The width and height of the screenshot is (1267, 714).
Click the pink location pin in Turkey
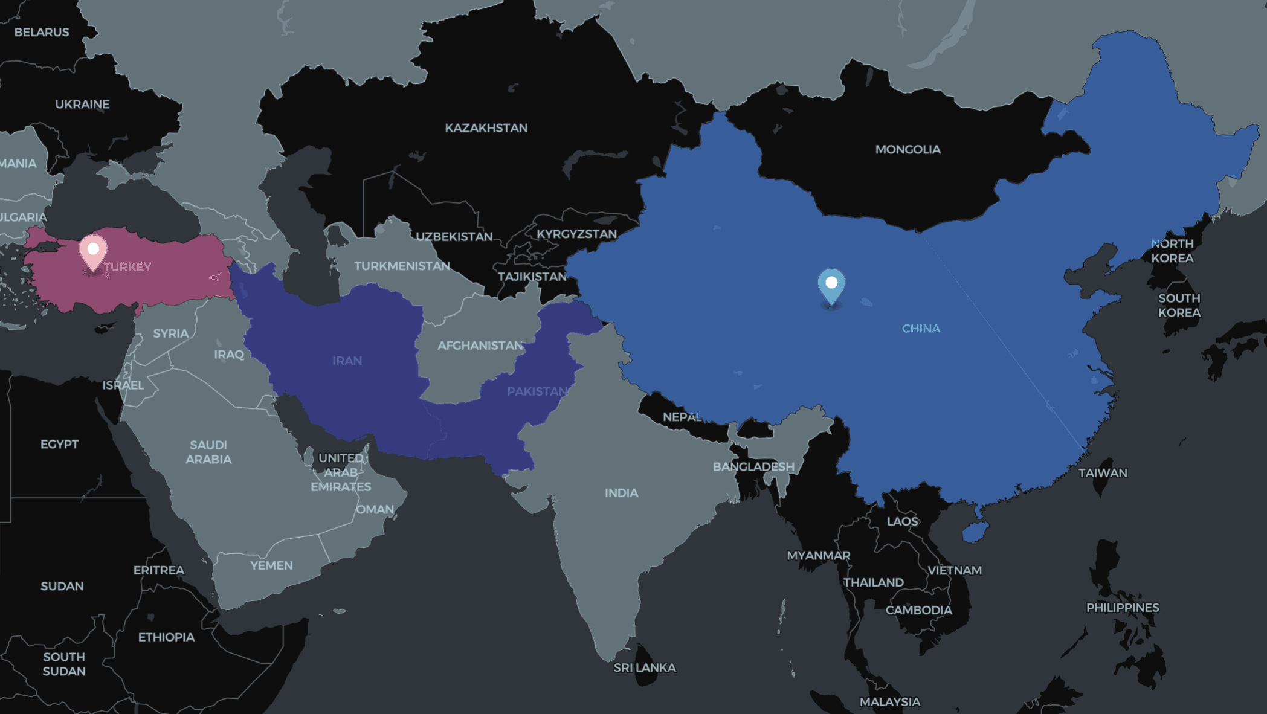(93, 251)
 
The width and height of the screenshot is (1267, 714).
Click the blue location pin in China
(831, 285)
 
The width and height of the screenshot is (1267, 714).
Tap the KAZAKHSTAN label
(486, 128)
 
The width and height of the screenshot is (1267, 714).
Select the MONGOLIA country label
(908, 149)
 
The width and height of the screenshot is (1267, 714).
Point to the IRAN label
(347, 361)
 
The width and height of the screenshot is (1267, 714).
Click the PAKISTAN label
(537, 391)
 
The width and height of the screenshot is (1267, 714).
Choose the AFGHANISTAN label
(480, 346)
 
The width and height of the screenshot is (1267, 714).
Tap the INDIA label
(621, 493)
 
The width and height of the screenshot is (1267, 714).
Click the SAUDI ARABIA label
(208, 452)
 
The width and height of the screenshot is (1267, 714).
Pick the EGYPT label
(59, 444)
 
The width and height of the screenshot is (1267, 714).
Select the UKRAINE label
(82, 104)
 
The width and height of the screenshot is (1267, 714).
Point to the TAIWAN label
(1103, 473)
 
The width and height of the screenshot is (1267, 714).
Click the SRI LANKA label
(644, 667)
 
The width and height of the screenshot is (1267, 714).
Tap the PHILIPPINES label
(1123, 608)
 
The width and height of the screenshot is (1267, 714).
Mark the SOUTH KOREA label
(1179, 305)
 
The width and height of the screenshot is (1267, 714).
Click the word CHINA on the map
(921, 329)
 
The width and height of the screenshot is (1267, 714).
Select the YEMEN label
(271, 565)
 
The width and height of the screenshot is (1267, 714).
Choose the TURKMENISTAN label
(402, 266)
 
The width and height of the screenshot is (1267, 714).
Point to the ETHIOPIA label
(166, 637)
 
